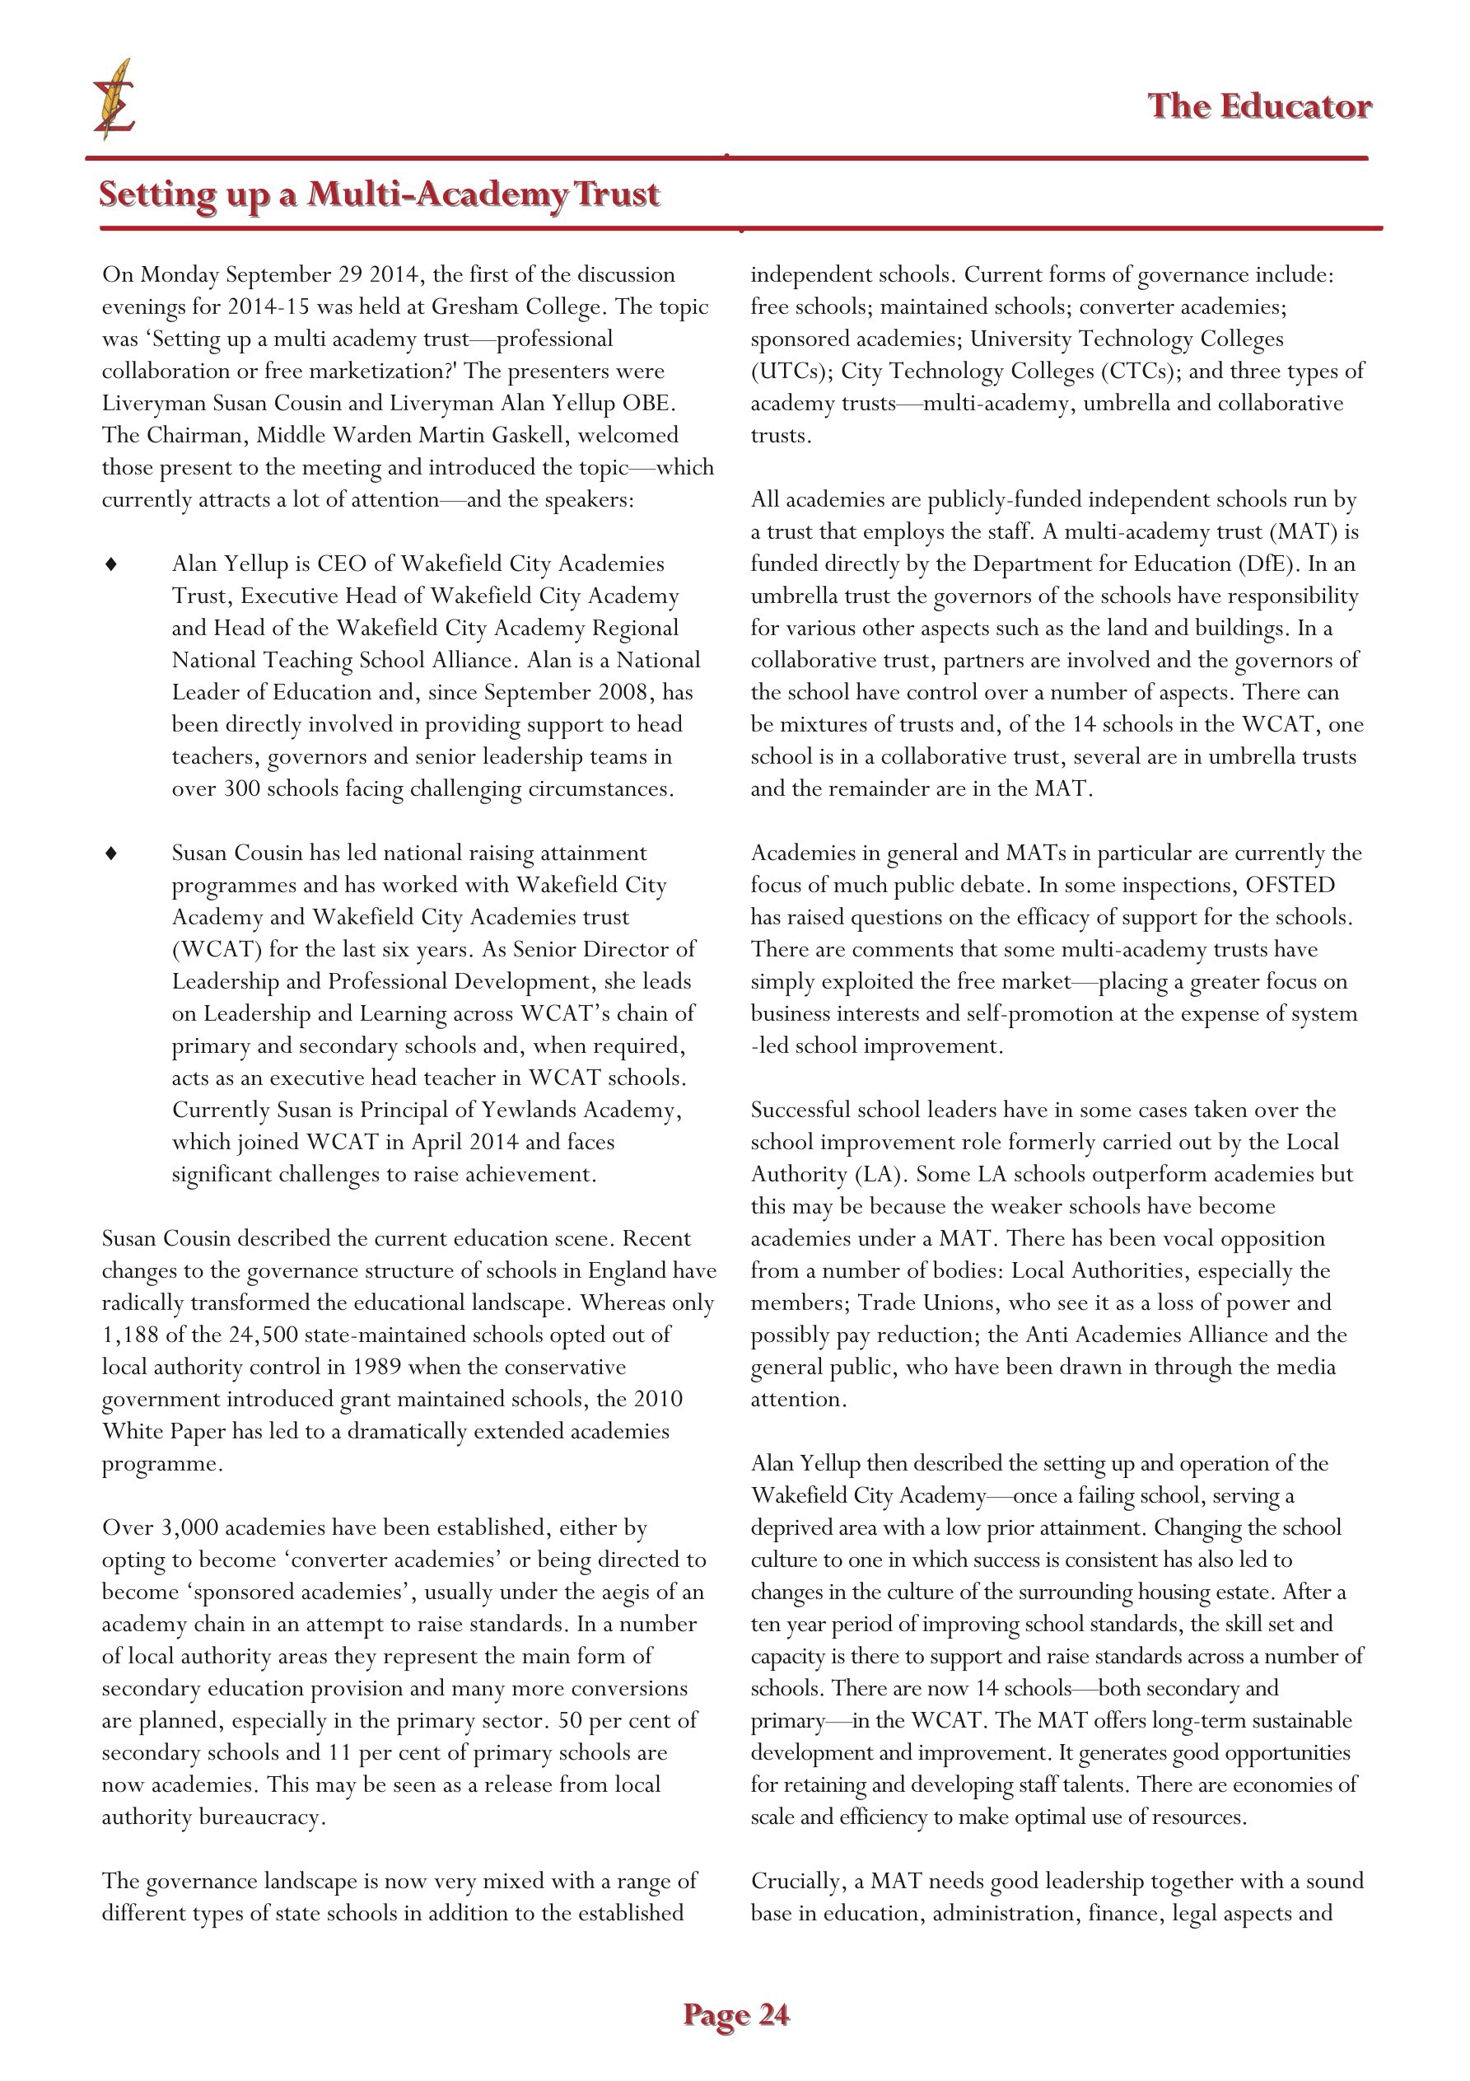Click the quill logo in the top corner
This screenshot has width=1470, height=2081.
pos(114,100)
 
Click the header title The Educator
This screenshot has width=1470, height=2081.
pos(1259,107)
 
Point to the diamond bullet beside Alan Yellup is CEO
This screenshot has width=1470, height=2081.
pos(111,564)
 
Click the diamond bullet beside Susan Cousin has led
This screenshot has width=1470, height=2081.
pos(111,853)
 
